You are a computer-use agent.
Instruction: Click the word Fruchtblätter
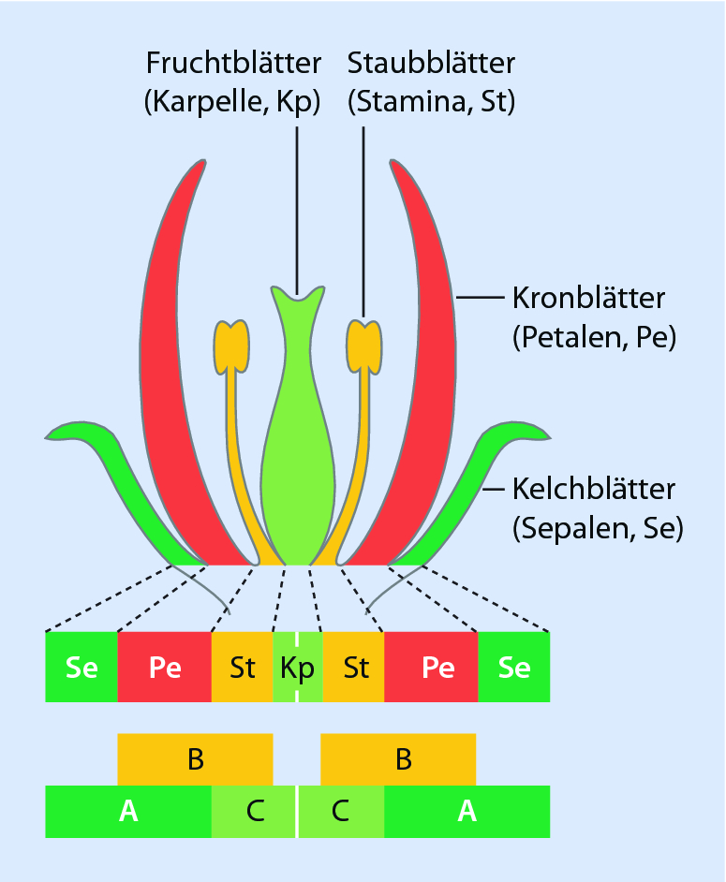point(233,64)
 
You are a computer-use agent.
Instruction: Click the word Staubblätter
point(431,64)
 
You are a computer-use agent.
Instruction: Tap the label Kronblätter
point(588,299)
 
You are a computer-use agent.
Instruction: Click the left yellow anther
point(230,343)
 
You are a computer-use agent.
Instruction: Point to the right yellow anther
point(363,343)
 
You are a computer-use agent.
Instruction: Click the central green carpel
point(297,468)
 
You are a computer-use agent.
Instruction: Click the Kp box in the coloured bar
point(297,668)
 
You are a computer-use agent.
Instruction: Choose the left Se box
point(81,668)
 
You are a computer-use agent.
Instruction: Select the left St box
point(243,668)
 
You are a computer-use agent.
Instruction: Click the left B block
point(195,759)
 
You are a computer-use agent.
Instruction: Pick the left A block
point(128,812)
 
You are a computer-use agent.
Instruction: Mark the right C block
point(340,812)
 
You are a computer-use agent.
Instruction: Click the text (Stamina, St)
point(431,101)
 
